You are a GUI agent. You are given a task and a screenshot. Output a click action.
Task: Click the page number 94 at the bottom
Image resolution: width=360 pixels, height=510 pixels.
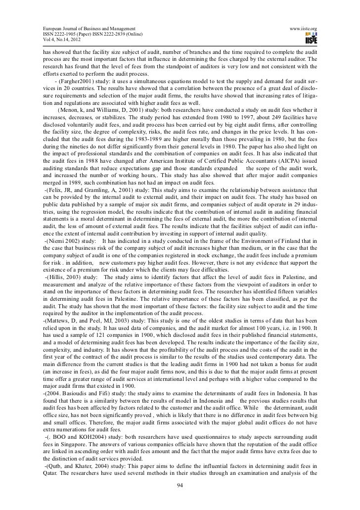pos(180,484)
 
